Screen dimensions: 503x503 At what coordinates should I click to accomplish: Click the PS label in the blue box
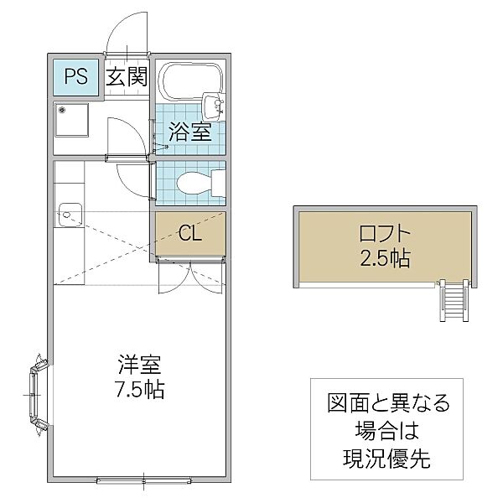(75, 77)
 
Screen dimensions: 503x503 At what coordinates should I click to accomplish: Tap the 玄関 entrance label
(127, 77)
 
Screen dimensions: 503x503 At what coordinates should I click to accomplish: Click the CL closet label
(189, 232)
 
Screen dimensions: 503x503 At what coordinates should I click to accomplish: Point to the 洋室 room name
(139, 366)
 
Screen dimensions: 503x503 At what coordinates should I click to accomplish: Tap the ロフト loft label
(382, 233)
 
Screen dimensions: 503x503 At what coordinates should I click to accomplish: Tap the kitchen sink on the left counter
(68, 214)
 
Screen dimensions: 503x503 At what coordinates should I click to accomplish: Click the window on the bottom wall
(144, 480)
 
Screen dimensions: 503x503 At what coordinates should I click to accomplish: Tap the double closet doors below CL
(191, 274)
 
